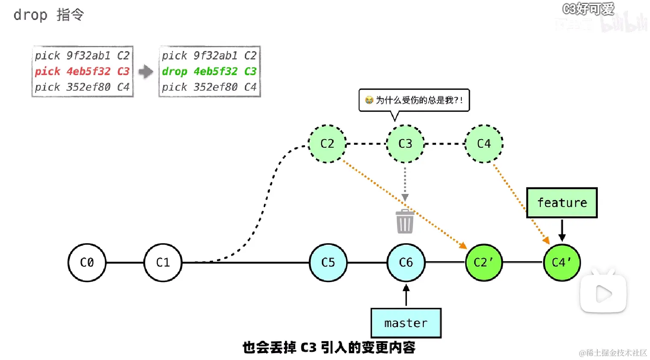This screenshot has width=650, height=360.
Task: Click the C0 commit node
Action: pos(87,262)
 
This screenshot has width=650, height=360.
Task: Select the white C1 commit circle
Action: pos(163,262)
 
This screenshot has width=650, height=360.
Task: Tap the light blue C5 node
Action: pos(328,262)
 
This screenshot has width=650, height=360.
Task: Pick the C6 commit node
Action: pos(406,262)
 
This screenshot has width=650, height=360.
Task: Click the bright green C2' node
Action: pos(484,262)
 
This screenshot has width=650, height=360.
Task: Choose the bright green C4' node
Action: pos(561,262)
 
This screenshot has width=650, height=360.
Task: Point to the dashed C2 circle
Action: pos(327,144)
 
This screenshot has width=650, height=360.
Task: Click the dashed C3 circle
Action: pos(405,144)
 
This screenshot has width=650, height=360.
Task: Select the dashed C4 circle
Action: pos(484,144)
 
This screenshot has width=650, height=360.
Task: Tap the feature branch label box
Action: pos(561,202)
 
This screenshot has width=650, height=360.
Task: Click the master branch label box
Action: pos(406,323)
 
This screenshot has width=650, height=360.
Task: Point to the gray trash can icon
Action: pos(405,222)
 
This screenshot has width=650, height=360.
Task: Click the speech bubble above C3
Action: pos(414,100)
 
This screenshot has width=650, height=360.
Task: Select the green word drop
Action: pos(175,71)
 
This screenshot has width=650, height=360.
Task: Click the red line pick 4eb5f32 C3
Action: pos(82,71)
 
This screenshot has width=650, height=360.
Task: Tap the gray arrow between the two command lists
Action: pos(146,71)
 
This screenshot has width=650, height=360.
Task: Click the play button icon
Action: pos(603,294)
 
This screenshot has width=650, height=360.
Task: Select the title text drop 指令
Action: pos(48,15)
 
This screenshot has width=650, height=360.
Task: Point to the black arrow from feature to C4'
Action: pos(562,230)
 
